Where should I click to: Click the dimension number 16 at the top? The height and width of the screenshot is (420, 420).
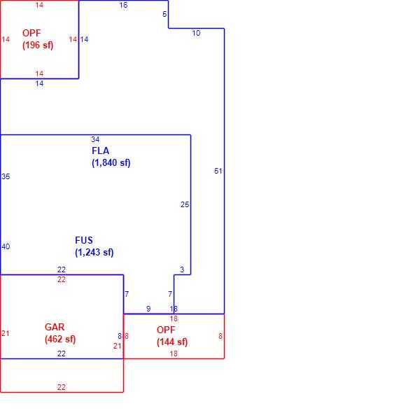(123, 6)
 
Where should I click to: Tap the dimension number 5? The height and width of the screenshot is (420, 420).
(164, 14)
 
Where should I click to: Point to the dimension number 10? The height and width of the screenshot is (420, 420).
(196, 33)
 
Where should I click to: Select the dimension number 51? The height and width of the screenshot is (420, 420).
(218, 171)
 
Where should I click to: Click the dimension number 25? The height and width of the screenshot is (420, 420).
(185, 204)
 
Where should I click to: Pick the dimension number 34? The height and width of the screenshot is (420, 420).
(95, 139)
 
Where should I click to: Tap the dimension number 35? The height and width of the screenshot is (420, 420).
(6, 176)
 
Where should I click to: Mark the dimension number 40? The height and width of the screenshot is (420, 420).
(6, 246)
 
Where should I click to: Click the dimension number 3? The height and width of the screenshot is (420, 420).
(182, 269)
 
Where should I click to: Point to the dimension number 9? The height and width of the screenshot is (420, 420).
(148, 309)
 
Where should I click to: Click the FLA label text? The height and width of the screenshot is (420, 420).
(100, 150)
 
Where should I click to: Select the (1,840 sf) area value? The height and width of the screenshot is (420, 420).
(111, 162)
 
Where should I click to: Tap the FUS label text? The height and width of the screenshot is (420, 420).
(84, 240)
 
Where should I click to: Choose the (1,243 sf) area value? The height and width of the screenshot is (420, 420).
(94, 252)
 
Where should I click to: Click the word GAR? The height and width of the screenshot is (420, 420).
(55, 327)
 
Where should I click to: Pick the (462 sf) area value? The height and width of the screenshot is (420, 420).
(60, 339)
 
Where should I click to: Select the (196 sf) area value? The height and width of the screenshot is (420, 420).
(38, 45)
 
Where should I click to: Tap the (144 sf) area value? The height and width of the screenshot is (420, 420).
(172, 342)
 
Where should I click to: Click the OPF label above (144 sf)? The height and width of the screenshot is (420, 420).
(166, 330)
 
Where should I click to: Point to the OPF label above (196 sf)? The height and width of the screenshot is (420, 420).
(31, 33)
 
